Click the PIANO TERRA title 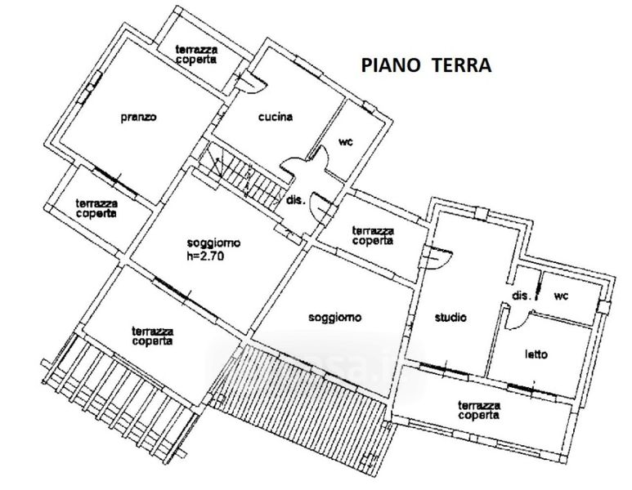(426, 65)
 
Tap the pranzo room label (139, 117)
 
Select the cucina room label (276, 117)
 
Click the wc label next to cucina (346, 142)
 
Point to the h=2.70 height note (205, 256)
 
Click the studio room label (450, 317)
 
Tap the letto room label (536, 354)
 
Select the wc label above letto (561, 296)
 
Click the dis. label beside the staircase (296, 200)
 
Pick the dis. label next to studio (522, 296)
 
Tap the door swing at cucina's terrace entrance (254, 82)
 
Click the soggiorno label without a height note (335, 317)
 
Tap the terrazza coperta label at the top (197, 55)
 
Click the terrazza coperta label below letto (479, 410)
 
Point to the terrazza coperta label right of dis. (373, 235)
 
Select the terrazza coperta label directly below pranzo (96, 208)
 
